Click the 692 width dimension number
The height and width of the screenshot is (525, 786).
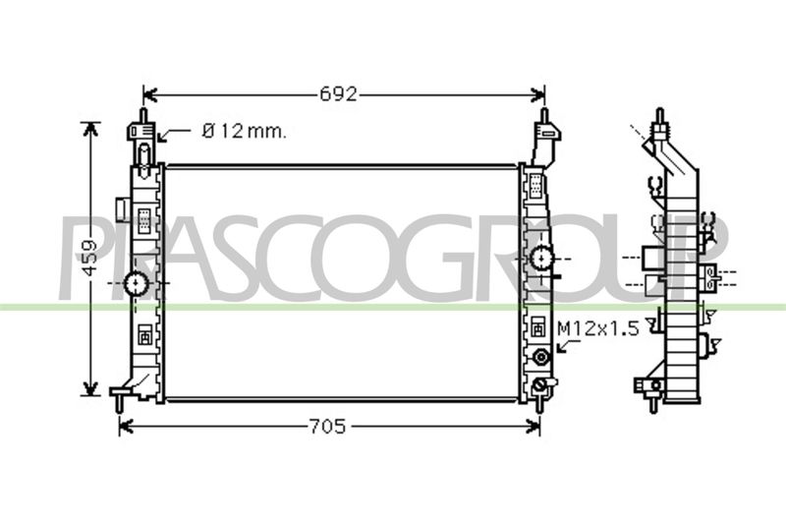point(339,93)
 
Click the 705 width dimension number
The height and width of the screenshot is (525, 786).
point(327,427)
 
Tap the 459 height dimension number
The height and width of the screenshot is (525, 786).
point(90,258)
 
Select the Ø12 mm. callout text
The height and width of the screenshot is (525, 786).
point(245,132)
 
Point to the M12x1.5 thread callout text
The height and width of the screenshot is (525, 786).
point(598,329)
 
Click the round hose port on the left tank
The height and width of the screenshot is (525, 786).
point(136,283)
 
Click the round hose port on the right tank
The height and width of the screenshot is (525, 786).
point(541,259)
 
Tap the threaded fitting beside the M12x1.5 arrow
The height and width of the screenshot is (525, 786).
point(541,357)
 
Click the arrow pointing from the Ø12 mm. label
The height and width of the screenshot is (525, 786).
point(173,134)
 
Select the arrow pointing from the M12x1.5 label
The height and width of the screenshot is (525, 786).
point(568,346)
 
